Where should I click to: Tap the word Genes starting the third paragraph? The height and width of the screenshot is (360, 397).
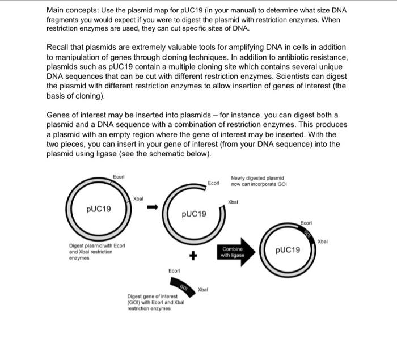pyautogui.click(x=60, y=115)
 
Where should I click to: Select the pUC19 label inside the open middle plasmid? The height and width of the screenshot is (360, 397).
pyautogui.click(x=194, y=214)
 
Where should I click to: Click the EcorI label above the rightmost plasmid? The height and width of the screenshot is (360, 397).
pyautogui.click(x=306, y=223)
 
